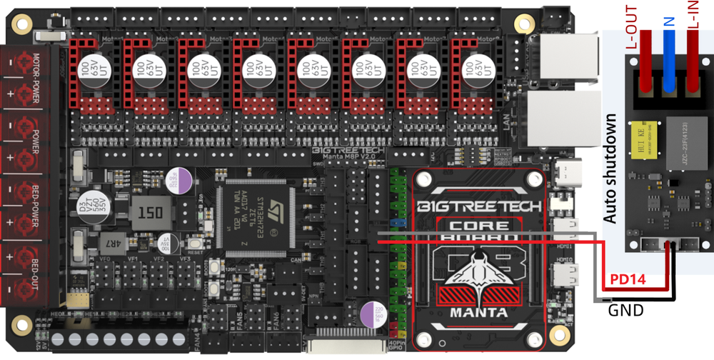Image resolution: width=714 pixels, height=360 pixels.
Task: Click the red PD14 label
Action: coord(626,279)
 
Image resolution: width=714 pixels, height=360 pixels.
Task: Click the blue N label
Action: coord(669,23)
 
